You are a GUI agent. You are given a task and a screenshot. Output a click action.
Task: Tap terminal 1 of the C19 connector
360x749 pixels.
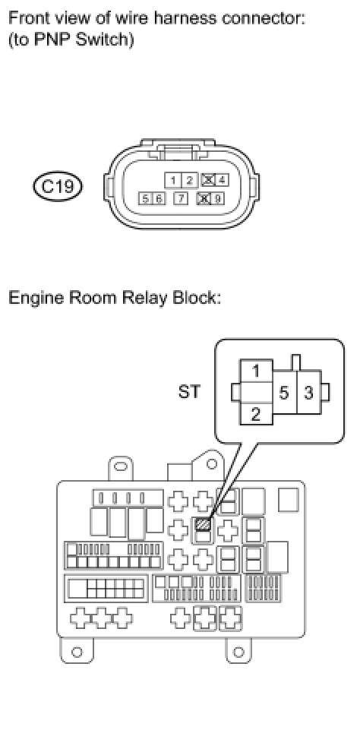[173, 180]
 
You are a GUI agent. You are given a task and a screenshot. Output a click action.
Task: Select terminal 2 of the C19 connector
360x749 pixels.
[189, 180]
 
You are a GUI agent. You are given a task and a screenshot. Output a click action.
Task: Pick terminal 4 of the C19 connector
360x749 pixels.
[222, 180]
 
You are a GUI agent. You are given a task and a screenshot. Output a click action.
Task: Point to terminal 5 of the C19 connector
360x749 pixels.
[144, 198]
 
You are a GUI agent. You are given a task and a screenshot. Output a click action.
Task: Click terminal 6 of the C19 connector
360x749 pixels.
[158, 198]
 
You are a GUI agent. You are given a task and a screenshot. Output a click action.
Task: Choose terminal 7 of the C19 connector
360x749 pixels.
[181, 198]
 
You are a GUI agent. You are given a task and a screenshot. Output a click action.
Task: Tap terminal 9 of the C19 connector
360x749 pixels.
[217, 198]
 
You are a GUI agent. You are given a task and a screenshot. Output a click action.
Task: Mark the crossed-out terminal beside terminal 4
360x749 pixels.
[207, 180]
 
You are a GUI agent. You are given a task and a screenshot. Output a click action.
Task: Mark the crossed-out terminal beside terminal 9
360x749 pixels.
[204, 198]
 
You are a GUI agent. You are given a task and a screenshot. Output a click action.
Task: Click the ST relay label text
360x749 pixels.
[189, 392]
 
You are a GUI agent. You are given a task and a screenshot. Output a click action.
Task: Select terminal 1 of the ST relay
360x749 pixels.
[257, 371]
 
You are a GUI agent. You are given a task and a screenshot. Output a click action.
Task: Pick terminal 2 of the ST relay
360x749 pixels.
[256, 414]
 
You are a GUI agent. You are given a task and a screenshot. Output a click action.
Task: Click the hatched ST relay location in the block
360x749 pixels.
[203, 524]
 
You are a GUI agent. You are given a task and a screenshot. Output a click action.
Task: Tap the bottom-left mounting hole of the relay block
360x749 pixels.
[77, 651]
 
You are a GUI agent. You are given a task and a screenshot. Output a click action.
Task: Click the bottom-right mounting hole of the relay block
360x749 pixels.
[238, 651]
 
